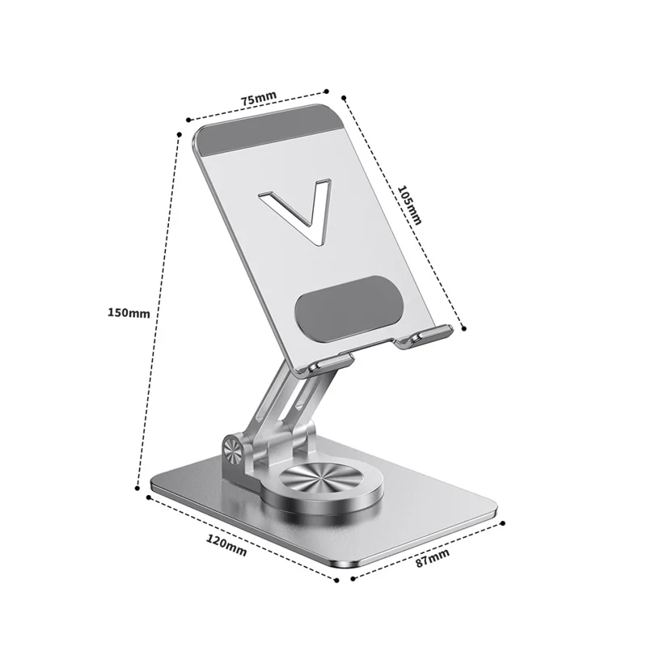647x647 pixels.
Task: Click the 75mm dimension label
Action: click(x=259, y=98)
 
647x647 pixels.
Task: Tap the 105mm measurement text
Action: click(x=410, y=205)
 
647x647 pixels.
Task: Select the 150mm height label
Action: click(x=129, y=312)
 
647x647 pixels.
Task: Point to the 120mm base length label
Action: click(x=226, y=548)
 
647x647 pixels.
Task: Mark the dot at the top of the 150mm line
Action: click(x=179, y=132)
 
